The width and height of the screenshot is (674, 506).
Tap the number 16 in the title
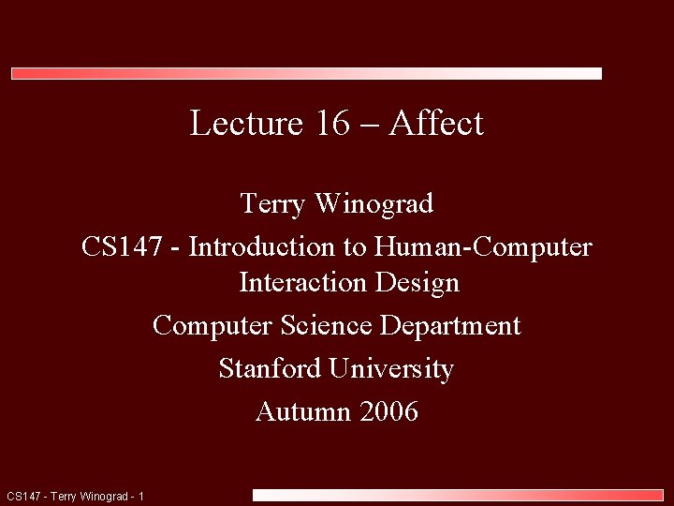(331, 123)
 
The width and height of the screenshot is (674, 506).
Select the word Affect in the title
(436, 123)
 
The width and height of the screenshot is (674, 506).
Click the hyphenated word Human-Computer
(483, 246)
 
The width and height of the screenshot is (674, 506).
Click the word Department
(450, 325)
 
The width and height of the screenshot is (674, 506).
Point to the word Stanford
(271, 368)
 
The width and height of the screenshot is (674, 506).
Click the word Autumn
(299, 411)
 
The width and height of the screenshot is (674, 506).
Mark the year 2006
(385, 411)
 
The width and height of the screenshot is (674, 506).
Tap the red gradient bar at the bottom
(458, 495)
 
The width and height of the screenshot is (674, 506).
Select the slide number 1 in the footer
(140, 496)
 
